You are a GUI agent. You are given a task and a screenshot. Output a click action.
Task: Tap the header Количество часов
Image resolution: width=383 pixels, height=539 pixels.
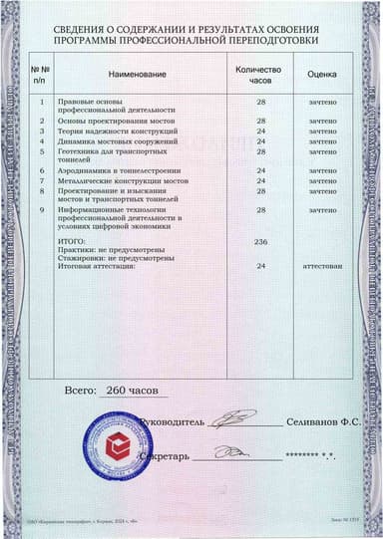(x=258, y=76)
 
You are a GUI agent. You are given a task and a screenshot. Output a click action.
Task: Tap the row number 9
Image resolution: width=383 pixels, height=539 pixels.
(x=41, y=210)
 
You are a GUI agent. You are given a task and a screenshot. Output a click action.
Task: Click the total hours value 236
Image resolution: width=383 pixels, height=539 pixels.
(x=261, y=242)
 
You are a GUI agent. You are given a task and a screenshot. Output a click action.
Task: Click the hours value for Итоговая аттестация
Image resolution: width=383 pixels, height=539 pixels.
(x=261, y=266)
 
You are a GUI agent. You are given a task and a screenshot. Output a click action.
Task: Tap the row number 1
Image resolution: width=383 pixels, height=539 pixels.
(x=41, y=102)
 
